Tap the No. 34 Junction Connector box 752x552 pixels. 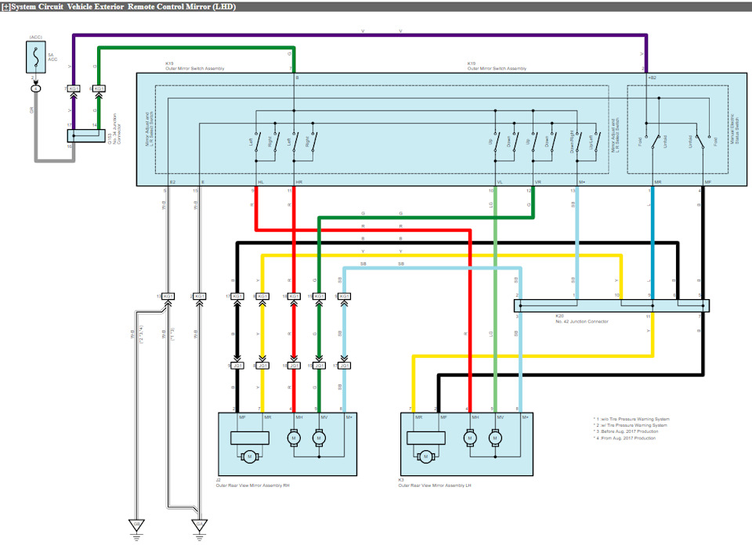(82, 136)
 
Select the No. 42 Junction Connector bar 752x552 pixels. (611, 305)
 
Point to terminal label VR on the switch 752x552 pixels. (537, 182)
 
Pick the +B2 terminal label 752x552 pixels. (652, 78)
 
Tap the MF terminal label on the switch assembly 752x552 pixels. (709, 182)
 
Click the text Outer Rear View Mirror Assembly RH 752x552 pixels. (252, 485)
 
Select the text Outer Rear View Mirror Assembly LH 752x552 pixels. (435, 485)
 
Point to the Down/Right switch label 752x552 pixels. (573, 141)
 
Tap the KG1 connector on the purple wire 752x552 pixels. (73, 88)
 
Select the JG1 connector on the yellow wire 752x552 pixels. (263, 365)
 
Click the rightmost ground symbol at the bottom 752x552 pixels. (200, 526)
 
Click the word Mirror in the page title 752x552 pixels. (179, 6)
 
